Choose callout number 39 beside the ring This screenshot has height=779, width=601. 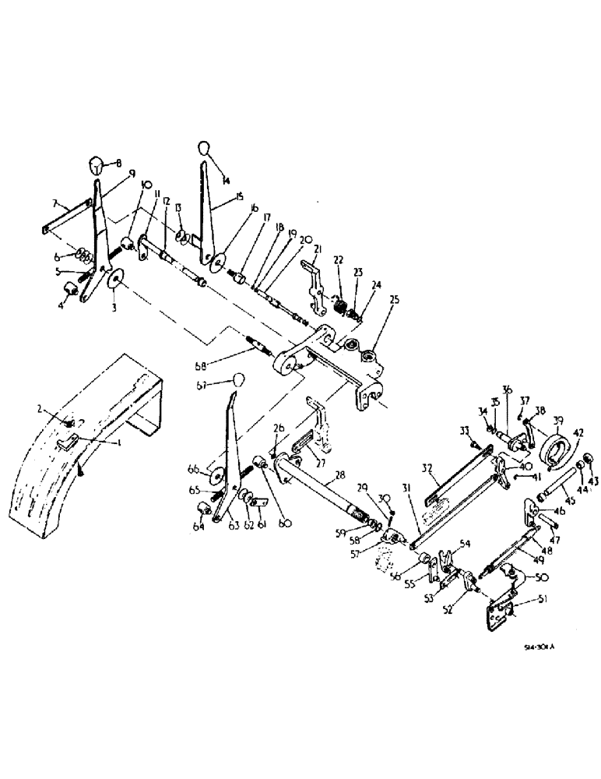pyautogui.click(x=560, y=421)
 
